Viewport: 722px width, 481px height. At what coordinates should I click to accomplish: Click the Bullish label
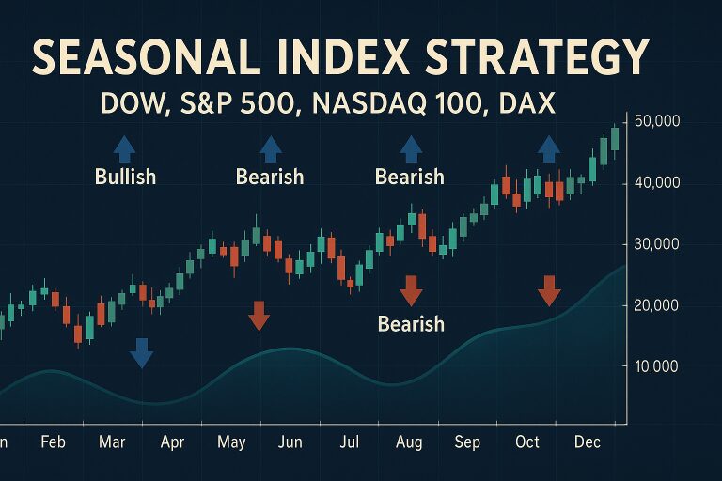pos(125,176)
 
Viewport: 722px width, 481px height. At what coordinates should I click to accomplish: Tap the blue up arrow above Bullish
pos(124,147)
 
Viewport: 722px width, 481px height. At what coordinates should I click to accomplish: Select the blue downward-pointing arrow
pos(141,352)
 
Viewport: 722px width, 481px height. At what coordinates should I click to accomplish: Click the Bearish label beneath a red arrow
pos(411,324)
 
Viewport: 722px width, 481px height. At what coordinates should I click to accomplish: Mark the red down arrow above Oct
pos(549,291)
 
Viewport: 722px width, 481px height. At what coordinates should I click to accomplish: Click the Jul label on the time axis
pos(350,442)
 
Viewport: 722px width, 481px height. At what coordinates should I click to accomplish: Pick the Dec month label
pos(588,442)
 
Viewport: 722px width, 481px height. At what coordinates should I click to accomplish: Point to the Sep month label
pos(467,442)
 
